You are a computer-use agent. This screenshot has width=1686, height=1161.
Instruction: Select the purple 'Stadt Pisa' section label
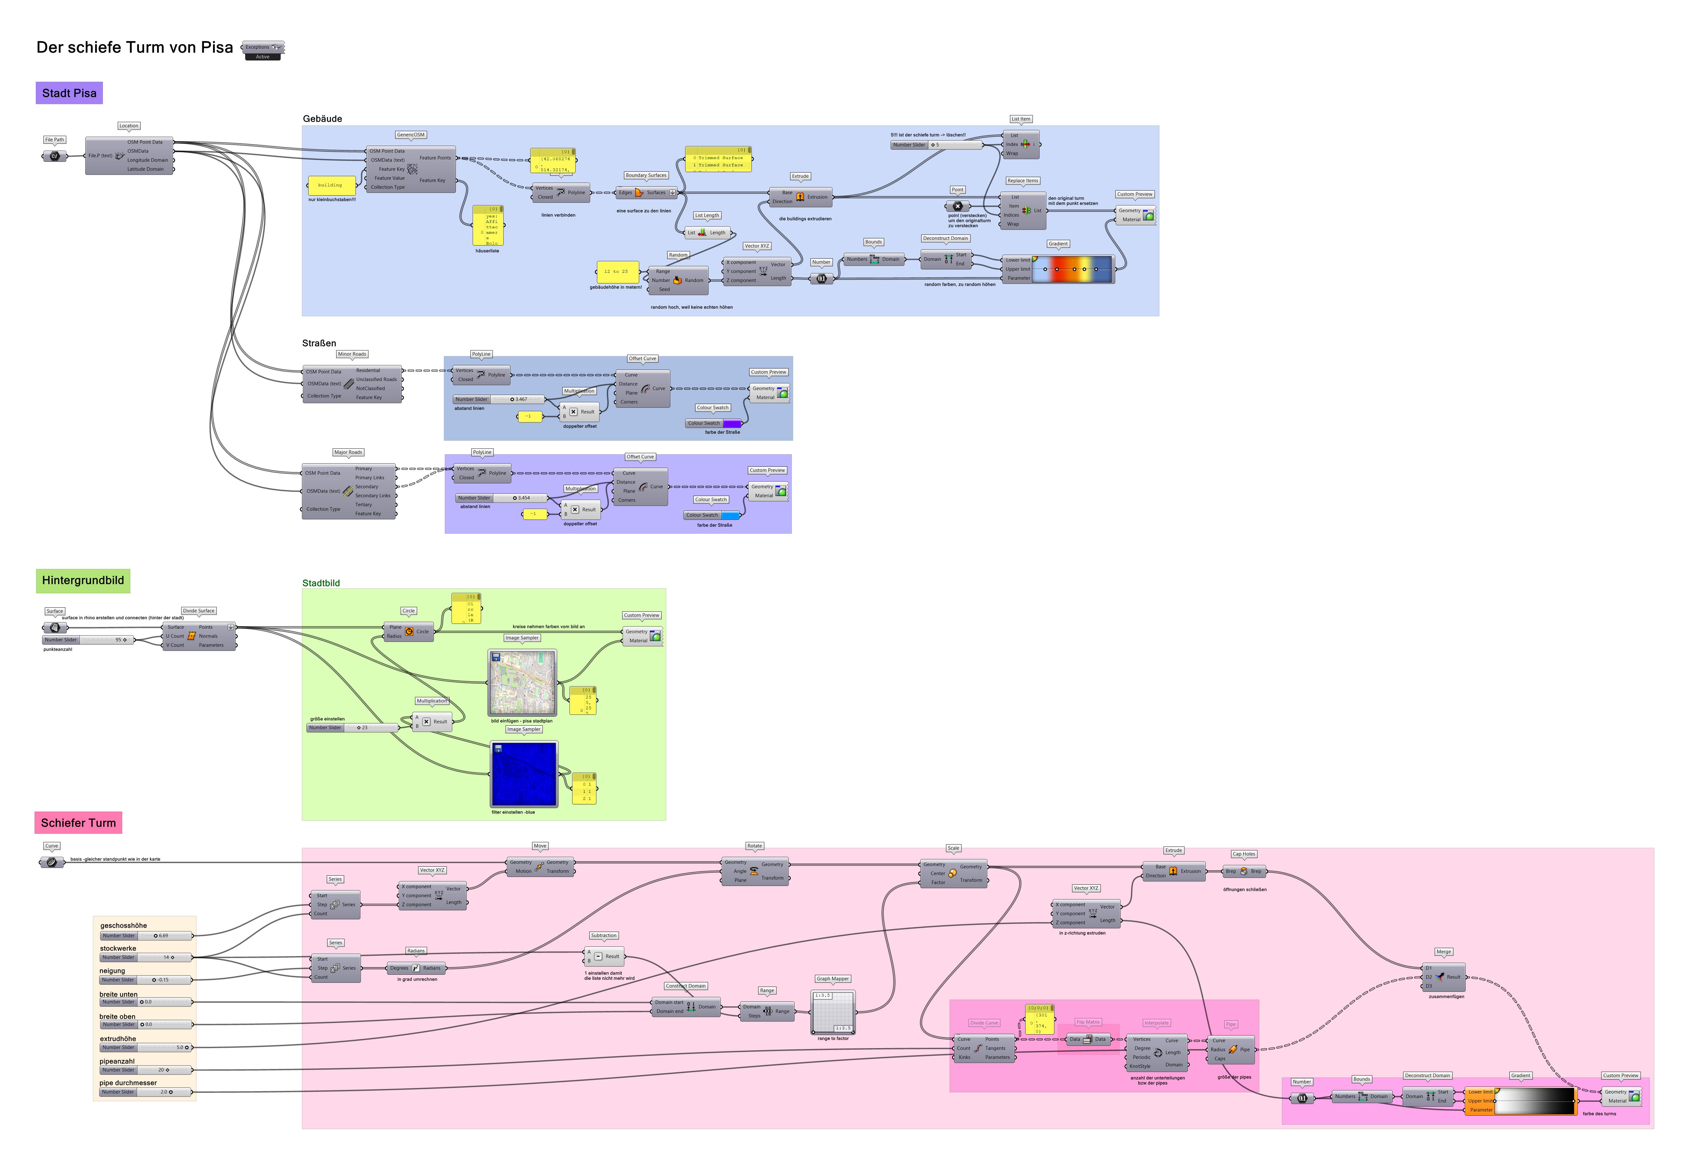69,93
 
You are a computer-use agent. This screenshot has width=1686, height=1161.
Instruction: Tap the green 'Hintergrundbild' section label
83,580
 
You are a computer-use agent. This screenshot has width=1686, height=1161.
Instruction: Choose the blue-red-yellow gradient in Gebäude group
1073,269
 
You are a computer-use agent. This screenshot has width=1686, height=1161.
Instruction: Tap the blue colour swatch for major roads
730,515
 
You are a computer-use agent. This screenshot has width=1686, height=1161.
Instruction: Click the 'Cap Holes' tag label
1244,854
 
